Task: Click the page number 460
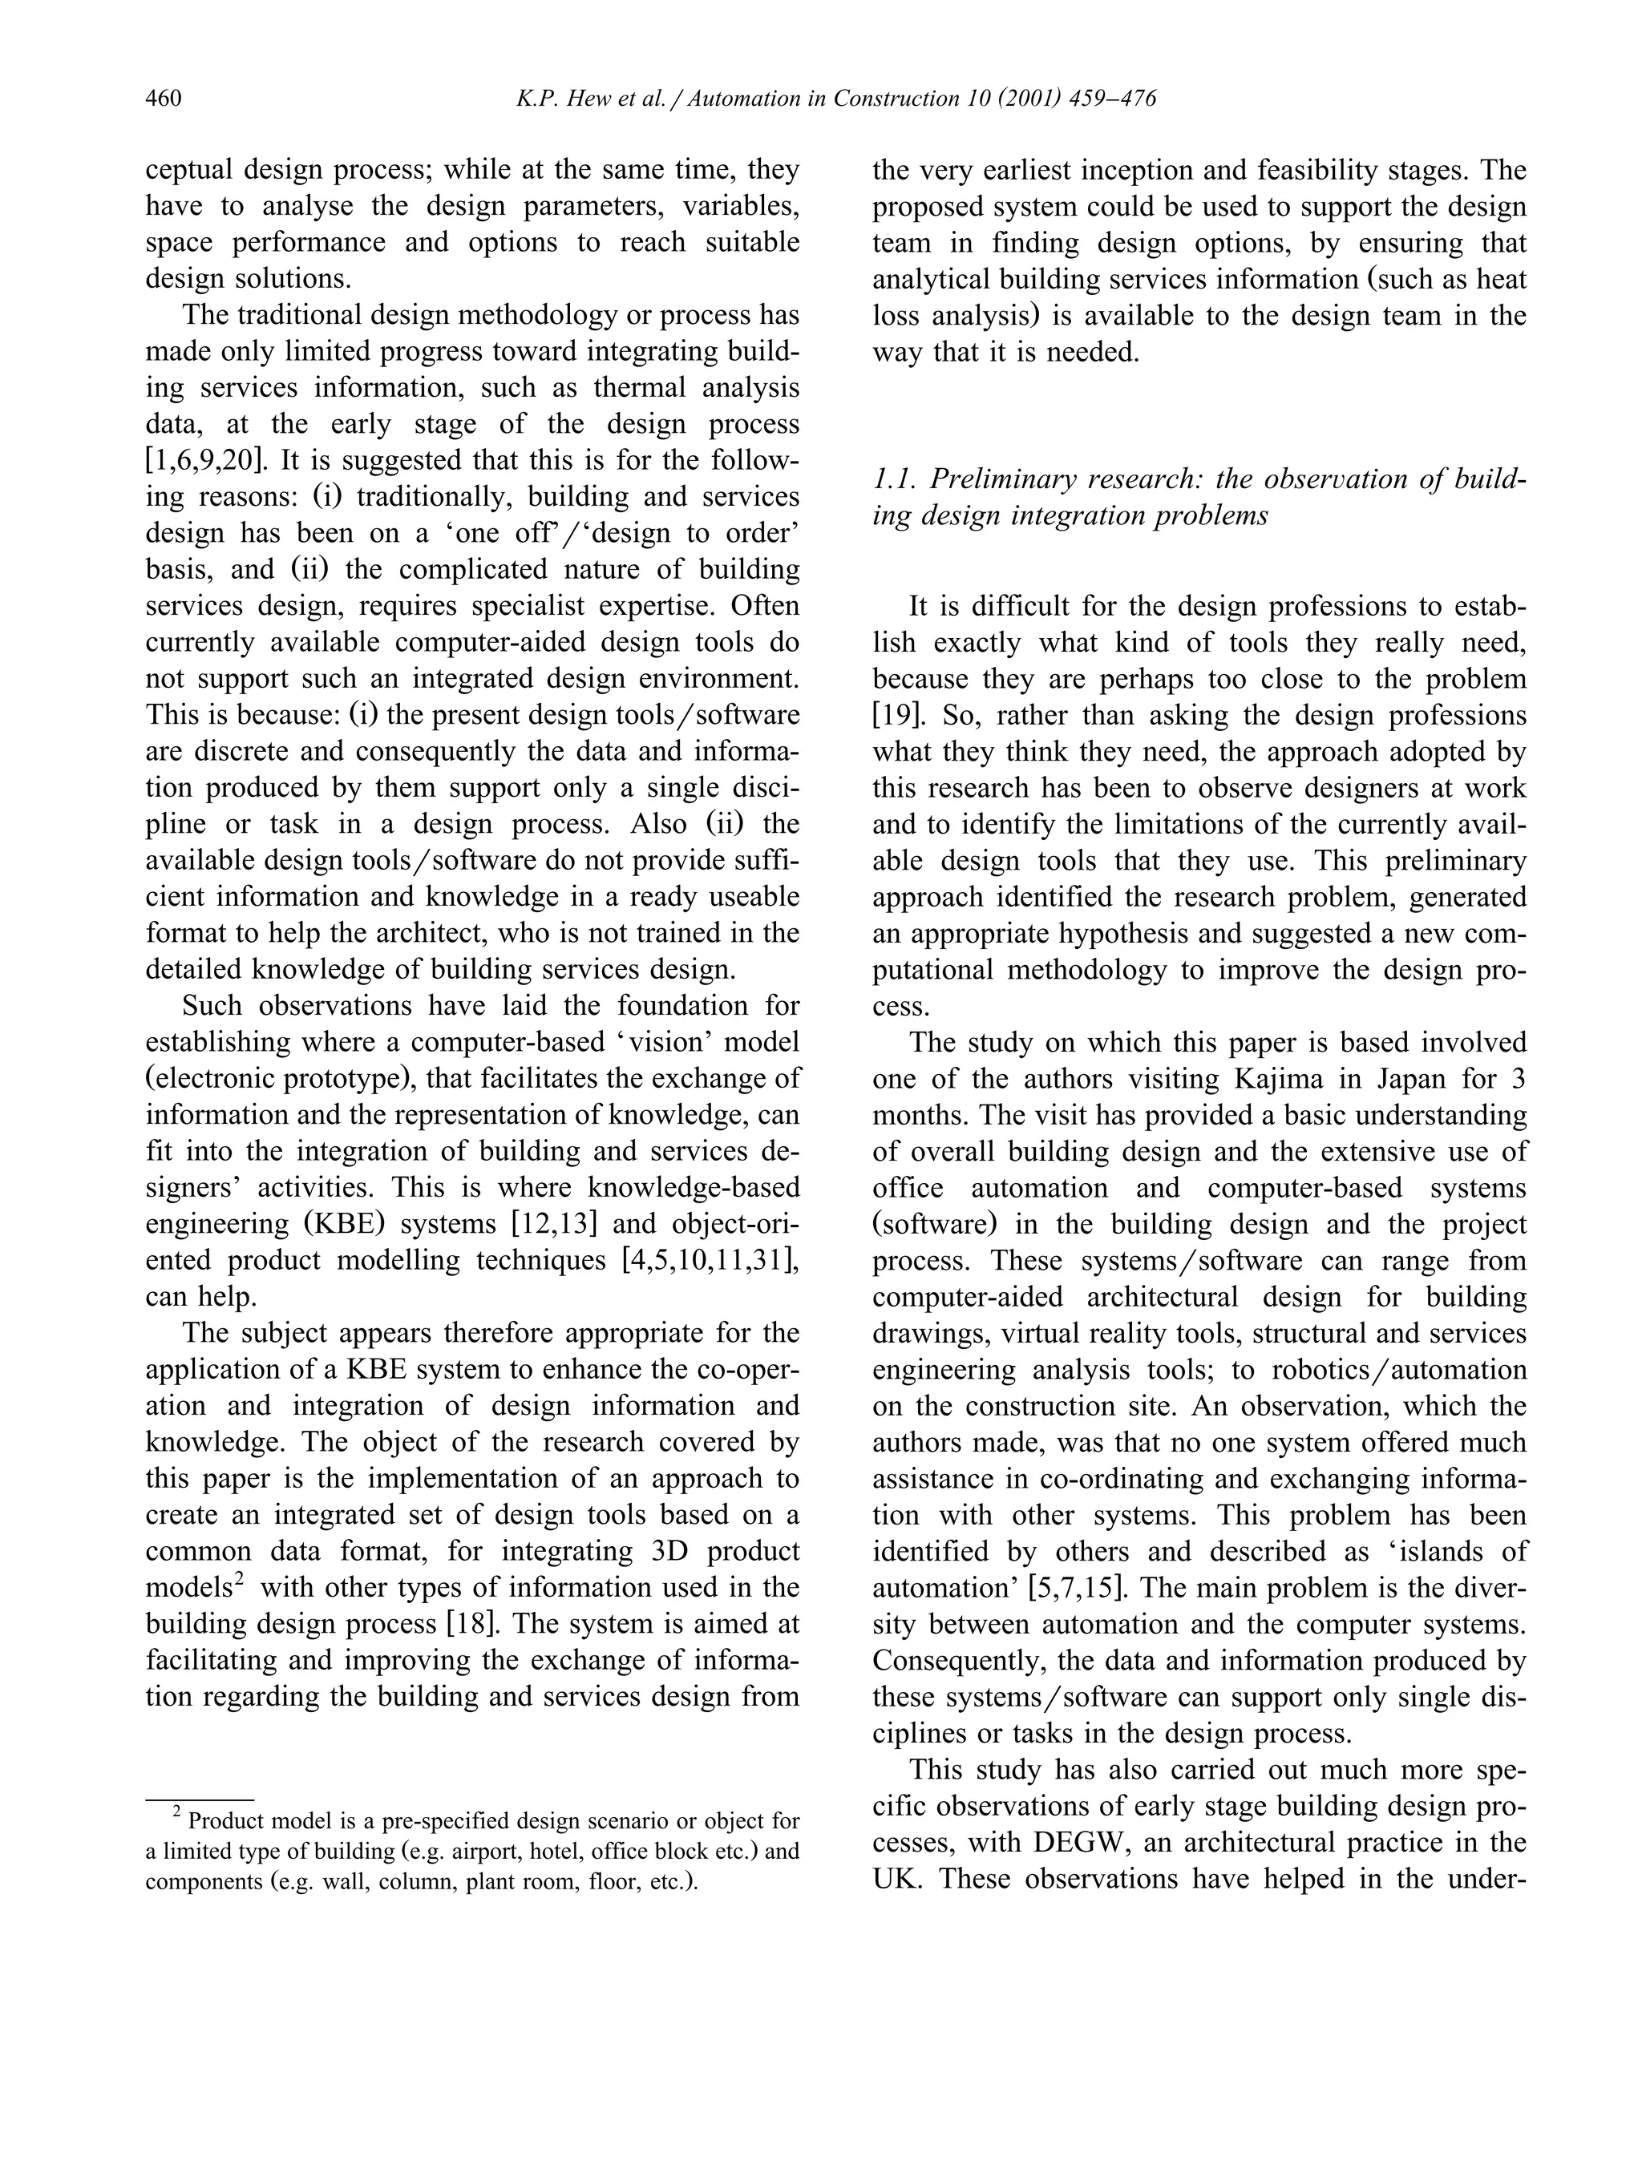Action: pos(164,99)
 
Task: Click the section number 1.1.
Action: pos(892,479)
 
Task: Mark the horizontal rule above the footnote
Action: pos(200,1799)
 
